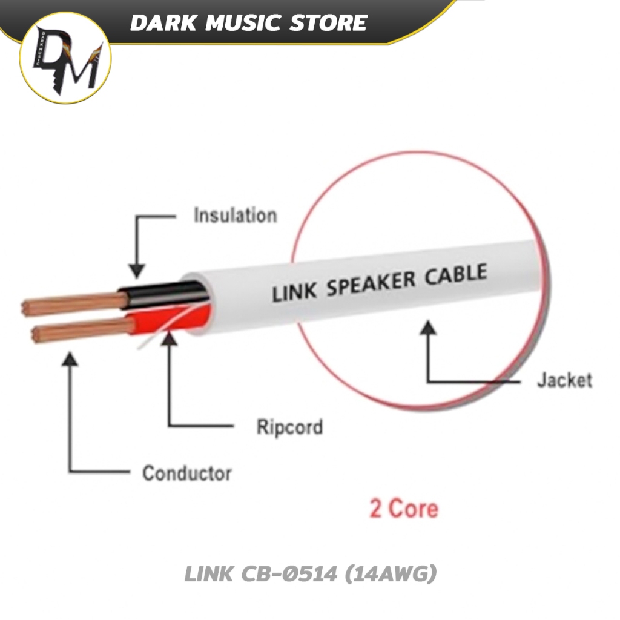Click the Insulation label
(x=235, y=216)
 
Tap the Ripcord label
(x=289, y=427)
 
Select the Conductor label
(x=186, y=473)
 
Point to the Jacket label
(x=564, y=380)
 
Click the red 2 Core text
(x=404, y=508)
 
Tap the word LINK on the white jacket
(x=294, y=292)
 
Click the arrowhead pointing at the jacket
(x=429, y=329)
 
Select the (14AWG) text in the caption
(x=390, y=573)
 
